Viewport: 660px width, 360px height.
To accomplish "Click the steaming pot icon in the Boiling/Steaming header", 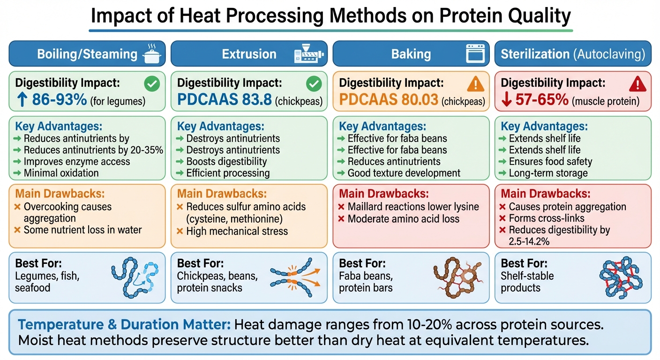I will pos(151,54).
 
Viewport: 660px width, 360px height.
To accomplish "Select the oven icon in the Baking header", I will pos(474,54).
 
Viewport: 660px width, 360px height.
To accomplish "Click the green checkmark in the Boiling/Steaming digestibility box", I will pos(152,84).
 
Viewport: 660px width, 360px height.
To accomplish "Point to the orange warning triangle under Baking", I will pos(476,84).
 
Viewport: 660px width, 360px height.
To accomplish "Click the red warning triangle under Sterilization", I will pos(637,84).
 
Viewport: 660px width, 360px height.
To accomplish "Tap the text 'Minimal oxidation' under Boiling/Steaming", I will pos(61,173).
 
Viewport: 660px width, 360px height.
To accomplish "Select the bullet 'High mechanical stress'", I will pos(237,231).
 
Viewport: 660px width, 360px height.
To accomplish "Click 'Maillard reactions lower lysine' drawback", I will pos(413,207).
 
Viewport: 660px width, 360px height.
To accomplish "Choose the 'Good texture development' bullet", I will pos(404,173).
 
